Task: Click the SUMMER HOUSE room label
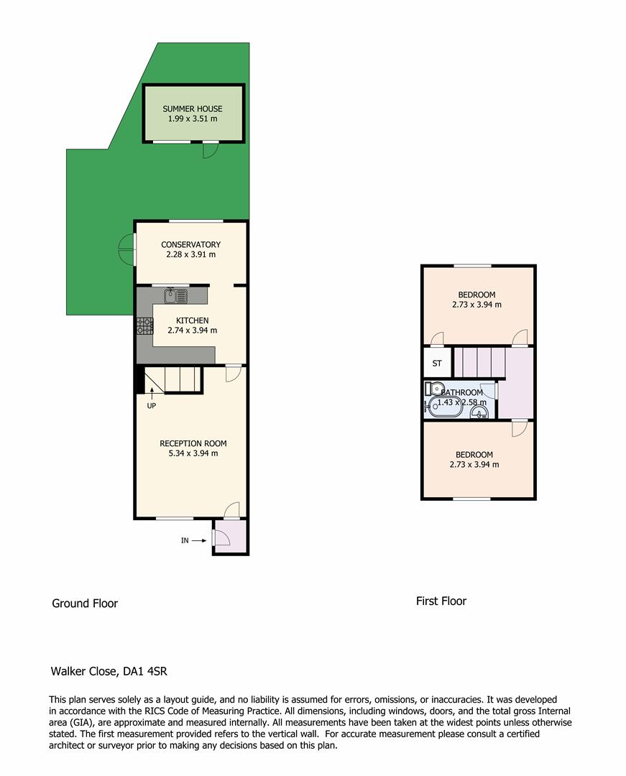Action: (193, 109)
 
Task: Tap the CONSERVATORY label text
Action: (190, 244)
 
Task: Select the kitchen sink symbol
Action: (176, 295)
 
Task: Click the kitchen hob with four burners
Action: (145, 325)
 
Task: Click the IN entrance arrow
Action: (199, 540)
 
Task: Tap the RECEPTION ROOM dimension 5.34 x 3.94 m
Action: (193, 453)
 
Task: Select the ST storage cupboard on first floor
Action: (437, 364)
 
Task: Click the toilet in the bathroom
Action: (434, 389)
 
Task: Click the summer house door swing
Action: (211, 150)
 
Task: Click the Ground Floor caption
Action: (85, 604)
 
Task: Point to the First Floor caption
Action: (441, 601)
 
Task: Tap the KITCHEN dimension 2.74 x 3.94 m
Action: (192, 331)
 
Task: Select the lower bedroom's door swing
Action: (519, 428)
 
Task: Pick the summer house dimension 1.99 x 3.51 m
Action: (193, 119)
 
